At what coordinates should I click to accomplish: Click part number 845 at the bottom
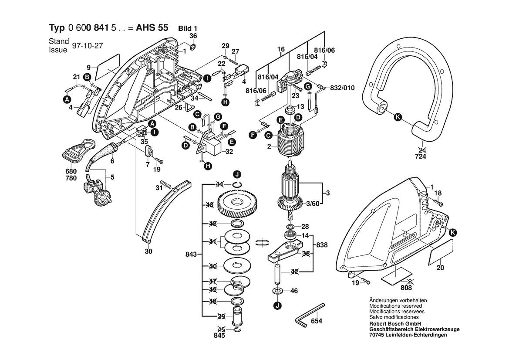[x=219, y=335]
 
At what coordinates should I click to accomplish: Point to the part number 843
[x=191, y=254]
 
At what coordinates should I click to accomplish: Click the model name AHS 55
[x=152, y=27]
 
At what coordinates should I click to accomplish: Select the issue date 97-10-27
[x=88, y=46]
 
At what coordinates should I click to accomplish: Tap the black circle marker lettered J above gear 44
[x=237, y=174]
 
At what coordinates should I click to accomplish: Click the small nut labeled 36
[x=193, y=46]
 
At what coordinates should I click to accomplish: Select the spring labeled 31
[x=165, y=184]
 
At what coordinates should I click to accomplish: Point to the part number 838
[x=322, y=245]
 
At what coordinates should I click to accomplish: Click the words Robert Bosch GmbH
[x=395, y=324]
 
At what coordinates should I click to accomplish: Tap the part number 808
[x=406, y=288]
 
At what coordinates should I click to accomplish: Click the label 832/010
[x=343, y=88]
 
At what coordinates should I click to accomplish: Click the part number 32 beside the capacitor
[x=229, y=151]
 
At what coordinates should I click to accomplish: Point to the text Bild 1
[x=188, y=29]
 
